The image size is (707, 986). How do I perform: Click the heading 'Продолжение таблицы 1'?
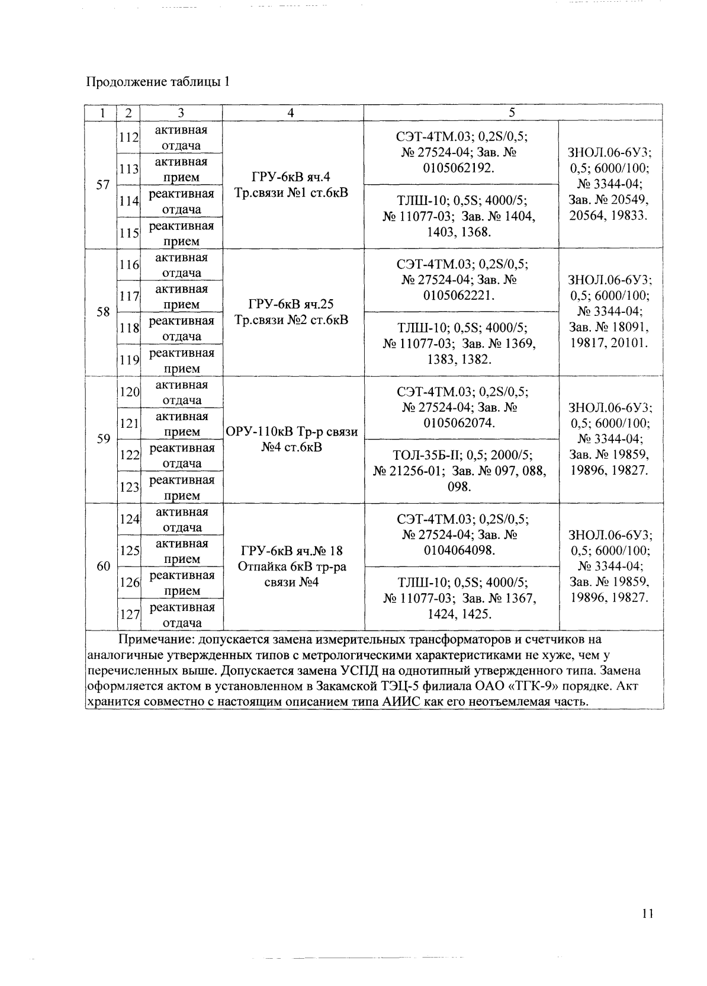[158, 82]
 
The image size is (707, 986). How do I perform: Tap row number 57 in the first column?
[103, 184]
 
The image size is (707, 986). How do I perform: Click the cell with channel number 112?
[128, 137]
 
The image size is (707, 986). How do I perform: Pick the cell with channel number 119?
[128, 360]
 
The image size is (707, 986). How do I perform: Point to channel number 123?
[128, 488]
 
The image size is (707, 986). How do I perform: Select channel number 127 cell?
[128, 614]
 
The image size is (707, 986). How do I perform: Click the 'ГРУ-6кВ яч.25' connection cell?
[291, 305]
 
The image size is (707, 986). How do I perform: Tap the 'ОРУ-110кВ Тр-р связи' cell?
[293, 431]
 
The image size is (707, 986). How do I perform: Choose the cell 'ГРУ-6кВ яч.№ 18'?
[291, 551]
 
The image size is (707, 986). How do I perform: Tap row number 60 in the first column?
[103, 566]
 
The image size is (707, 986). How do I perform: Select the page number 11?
[647, 913]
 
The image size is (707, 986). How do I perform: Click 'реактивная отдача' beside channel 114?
[181, 201]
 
